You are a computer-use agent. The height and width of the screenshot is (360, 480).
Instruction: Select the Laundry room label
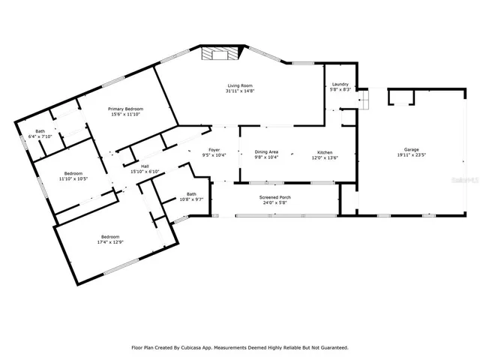340,85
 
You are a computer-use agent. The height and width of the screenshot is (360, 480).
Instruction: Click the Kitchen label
325,151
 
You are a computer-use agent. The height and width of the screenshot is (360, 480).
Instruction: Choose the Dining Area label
267,151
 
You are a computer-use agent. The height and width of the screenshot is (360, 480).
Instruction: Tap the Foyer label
215,151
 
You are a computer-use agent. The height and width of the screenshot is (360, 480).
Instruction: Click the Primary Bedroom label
125,109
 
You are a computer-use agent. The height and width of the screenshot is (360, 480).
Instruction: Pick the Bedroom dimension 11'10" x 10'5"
73,178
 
